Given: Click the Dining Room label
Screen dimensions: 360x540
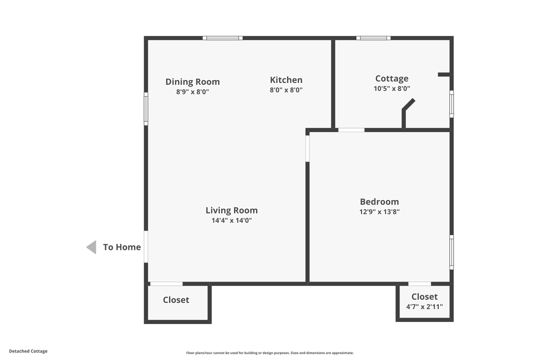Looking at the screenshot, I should click(x=192, y=82).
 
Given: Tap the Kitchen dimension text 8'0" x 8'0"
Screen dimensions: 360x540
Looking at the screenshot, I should click(x=286, y=90).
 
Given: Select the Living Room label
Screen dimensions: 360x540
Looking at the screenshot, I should click(x=231, y=210).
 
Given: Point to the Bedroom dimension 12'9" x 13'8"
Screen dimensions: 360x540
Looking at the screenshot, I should click(x=379, y=211).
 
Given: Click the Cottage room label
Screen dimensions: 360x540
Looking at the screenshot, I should click(x=391, y=78).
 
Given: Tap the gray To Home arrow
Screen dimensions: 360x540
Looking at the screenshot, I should click(x=91, y=247).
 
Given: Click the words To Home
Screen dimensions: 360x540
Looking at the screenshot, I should click(x=121, y=247).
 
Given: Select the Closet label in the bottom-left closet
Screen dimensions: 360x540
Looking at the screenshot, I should click(x=176, y=300).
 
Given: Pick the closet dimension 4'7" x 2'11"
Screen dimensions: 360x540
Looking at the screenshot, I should click(x=424, y=307).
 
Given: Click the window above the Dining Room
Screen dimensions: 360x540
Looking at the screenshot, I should click(x=222, y=38).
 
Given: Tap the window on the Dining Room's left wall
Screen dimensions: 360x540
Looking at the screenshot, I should click(x=146, y=108).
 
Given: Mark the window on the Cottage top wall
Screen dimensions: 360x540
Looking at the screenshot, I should click(x=373, y=38).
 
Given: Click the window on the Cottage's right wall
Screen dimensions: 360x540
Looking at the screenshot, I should click(x=451, y=104).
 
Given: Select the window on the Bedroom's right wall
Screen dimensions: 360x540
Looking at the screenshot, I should click(x=451, y=252).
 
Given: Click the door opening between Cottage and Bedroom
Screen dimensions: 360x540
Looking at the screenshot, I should click(x=351, y=130).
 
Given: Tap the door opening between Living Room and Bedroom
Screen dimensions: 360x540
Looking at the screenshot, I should click(x=307, y=148).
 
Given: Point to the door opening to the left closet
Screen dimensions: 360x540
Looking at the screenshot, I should click(x=166, y=284).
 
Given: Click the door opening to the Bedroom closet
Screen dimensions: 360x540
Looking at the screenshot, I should click(x=419, y=284).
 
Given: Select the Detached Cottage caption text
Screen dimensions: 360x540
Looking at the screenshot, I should click(x=28, y=351).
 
